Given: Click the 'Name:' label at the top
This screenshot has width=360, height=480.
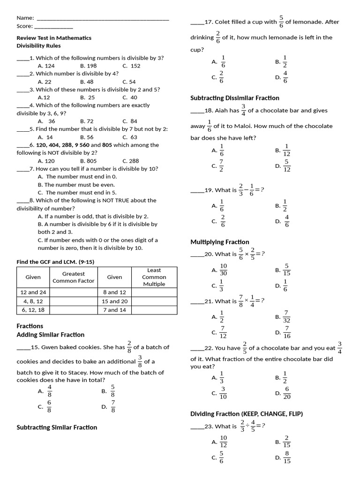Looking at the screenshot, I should point(25,18).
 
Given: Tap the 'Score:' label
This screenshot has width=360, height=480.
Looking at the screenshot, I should point(25,26).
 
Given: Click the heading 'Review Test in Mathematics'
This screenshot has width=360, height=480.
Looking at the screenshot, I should point(54,38).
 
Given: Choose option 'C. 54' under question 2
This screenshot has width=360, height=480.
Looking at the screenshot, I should point(129,82).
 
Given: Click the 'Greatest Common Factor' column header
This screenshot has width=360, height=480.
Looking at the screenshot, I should point(73,277).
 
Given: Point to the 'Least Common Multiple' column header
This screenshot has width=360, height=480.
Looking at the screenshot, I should point(154,277).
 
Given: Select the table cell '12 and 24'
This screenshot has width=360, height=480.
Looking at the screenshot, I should point(33,292).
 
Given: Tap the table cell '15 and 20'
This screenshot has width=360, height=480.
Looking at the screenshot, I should point(114,301).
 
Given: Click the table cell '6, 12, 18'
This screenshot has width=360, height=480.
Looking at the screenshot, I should point(33,310).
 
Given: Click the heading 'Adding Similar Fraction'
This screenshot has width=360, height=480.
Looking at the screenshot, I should point(51,335).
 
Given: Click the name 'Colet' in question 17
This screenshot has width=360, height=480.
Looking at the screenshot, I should point(222,22).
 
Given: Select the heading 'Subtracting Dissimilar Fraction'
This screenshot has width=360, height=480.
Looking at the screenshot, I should point(234,98).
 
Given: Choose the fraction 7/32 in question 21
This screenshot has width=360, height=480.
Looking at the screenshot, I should point(287,317).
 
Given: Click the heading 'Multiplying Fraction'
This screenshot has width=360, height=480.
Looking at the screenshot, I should point(219,242).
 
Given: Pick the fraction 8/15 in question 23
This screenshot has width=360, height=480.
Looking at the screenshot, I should point(287,457).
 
